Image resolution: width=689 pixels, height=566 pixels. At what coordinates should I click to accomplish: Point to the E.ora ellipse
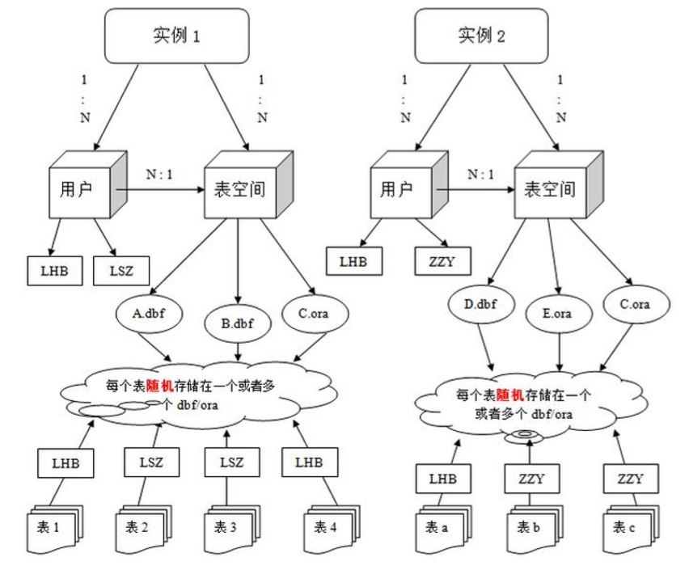557,312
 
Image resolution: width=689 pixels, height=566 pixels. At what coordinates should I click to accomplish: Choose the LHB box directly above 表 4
309,463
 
